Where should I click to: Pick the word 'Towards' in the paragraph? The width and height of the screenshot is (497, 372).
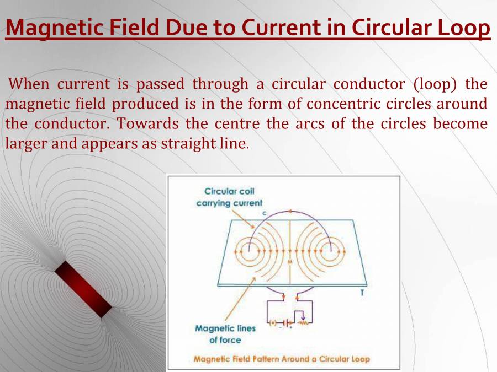pos(144,123)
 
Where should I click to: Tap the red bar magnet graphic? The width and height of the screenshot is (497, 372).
pos(83,289)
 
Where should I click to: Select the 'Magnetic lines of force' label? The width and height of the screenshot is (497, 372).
pos(225,334)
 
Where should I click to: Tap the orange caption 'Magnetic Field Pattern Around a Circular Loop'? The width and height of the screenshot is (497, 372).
pos(282,359)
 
